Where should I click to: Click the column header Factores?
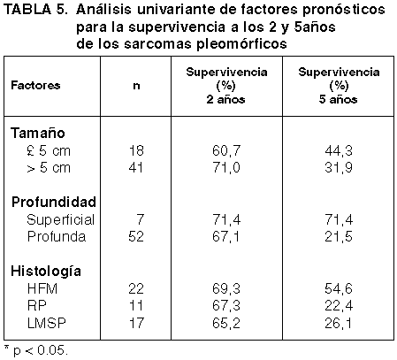(x=35, y=85)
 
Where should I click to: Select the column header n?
(x=136, y=86)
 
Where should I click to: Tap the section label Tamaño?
(x=38, y=133)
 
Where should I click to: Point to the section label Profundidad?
(x=54, y=202)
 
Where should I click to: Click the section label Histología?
(x=46, y=271)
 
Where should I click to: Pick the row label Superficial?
(x=60, y=219)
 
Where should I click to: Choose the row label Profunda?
(x=57, y=236)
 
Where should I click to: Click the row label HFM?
(x=42, y=288)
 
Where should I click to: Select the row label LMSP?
(x=46, y=323)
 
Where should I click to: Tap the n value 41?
(x=136, y=167)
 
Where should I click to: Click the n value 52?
(x=136, y=236)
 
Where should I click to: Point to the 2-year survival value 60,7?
(x=226, y=151)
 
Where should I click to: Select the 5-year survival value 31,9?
(x=339, y=168)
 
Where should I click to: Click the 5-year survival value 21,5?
(x=339, y=237)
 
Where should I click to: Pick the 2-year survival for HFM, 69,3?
(x=226, y=288)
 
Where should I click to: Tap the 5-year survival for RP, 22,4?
(x=339, y=306)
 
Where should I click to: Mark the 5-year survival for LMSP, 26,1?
(x=339, y=323)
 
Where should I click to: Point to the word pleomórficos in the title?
(x=241, y=44)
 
